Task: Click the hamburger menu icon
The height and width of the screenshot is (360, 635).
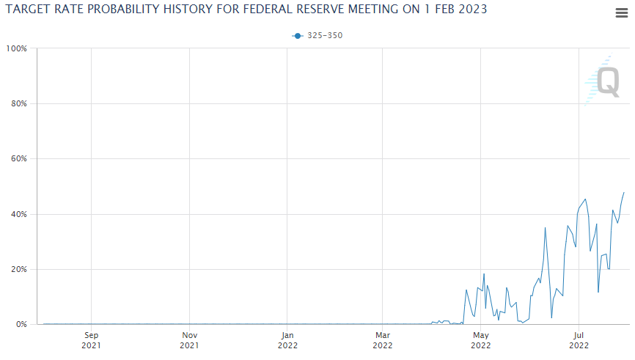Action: [x=621, y=12]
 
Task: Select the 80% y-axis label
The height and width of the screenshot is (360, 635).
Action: [x=18, y=103]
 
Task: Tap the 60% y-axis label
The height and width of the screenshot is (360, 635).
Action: [x=18, y=159]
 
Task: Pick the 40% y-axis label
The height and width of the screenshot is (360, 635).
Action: [x=18, y=214]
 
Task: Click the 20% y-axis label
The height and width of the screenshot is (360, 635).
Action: [x=18, y=269]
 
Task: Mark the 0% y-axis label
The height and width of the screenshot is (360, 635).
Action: [x=21, y=324]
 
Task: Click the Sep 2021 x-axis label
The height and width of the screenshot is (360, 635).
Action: [x=91, y=340]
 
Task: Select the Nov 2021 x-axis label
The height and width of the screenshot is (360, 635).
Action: [x=189, y=340]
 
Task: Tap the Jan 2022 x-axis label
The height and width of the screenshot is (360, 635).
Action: [x=287, y=340]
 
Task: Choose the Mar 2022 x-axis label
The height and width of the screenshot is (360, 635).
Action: [x=382, y=340]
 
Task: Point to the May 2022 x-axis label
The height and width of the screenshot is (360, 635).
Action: [x=480, y=340]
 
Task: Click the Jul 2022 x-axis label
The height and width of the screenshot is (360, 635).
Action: [x=579, y=340]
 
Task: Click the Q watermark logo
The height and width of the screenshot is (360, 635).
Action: [x=606, y=81]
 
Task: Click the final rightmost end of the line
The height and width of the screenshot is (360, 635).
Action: [x=624, y=192]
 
